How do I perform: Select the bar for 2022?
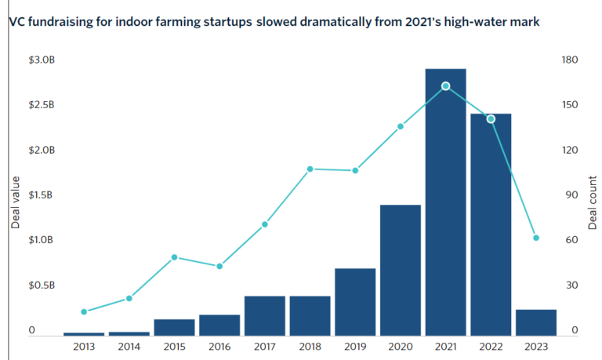(491, 224)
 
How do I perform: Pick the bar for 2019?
(355, 301)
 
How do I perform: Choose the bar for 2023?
(536, 322)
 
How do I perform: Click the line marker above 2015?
(175, 257)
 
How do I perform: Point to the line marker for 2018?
(310, 169)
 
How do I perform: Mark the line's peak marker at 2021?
(445, 85)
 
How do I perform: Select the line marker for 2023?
(536, 238)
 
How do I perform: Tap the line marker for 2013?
(84, 311)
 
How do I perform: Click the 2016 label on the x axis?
(219, 347)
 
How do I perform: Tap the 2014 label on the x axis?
(129, 347)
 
